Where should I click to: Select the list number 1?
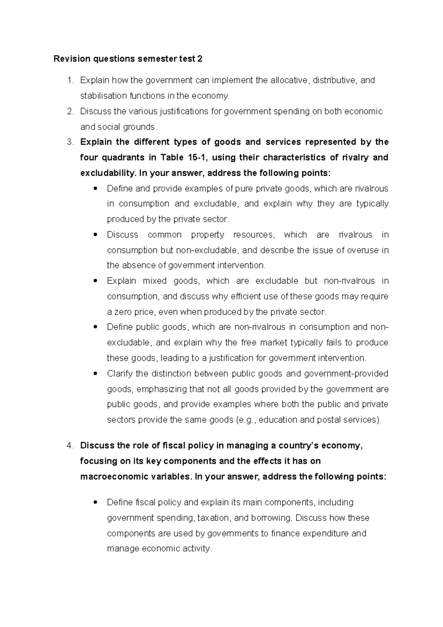[x=70, y=80]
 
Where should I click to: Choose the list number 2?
[x=70, y=111]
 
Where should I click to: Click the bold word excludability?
[x=107, y=173]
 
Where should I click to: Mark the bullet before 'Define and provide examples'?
[x=95, y=189]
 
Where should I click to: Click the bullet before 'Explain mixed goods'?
[x=95, y=281]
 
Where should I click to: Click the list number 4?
[x=70, y=446]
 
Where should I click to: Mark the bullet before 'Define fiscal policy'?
[x=95, y=503]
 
